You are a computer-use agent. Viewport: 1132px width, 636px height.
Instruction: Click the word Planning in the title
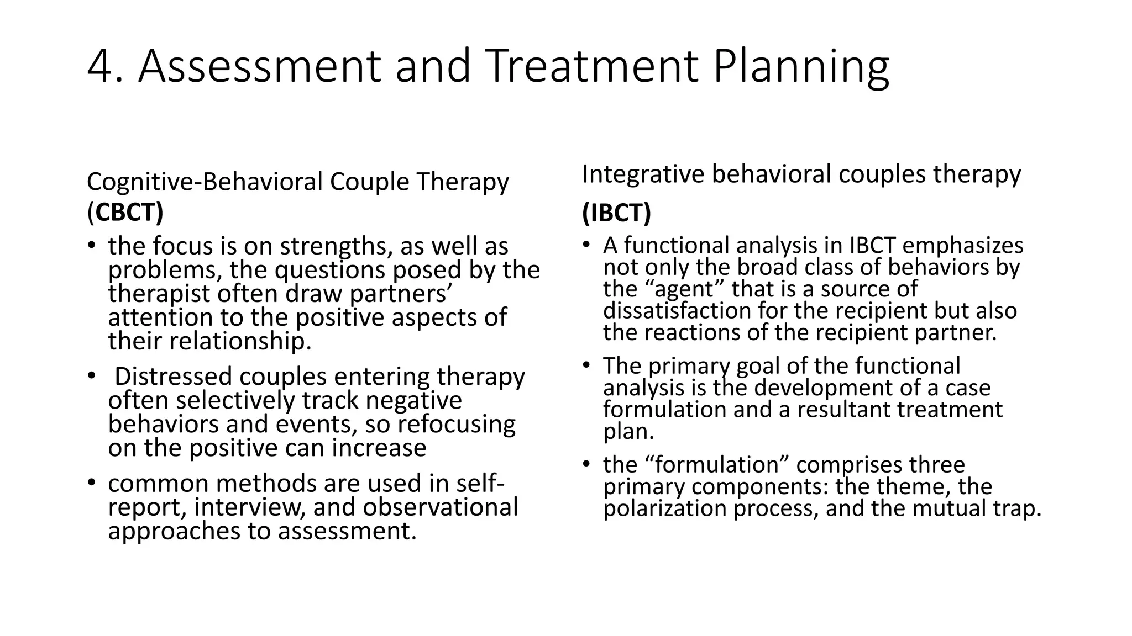801,67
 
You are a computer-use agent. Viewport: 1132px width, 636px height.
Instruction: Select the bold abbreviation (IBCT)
616,213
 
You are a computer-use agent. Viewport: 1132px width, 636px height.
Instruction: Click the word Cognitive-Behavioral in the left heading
205,182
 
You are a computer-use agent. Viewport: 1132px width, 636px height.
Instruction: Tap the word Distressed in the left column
173,377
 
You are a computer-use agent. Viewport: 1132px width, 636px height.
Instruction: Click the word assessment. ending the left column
347,531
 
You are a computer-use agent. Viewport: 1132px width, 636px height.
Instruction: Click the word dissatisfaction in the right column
676,311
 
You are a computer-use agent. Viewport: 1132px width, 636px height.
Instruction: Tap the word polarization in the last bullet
664,508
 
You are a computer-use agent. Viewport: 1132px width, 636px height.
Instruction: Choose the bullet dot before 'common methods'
91,483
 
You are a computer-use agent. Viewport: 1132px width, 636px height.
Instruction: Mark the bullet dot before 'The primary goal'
586,365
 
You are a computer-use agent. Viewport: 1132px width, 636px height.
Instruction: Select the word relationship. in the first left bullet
240,341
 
